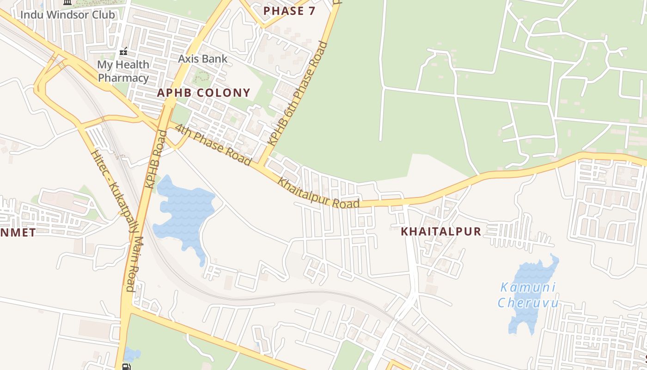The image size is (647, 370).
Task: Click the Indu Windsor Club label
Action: click(67, 15)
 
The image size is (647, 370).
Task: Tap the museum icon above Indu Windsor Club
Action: click(67, 2)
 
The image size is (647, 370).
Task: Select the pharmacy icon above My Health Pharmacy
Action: click(123, 50)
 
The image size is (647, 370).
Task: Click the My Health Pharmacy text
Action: click(123, 71)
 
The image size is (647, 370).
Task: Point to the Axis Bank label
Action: click(203, 59)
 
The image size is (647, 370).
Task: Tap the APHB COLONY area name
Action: click(203, 92)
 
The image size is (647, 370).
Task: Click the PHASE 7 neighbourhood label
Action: click(289, 11)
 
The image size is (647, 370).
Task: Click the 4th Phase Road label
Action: click(213, 143)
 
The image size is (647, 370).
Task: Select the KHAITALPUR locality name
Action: click(441, 231)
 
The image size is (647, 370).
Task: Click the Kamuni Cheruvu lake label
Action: click(528, 295)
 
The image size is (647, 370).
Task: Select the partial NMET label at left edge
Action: click(18, 232)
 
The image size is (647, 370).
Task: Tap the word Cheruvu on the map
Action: click(528, 303)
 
